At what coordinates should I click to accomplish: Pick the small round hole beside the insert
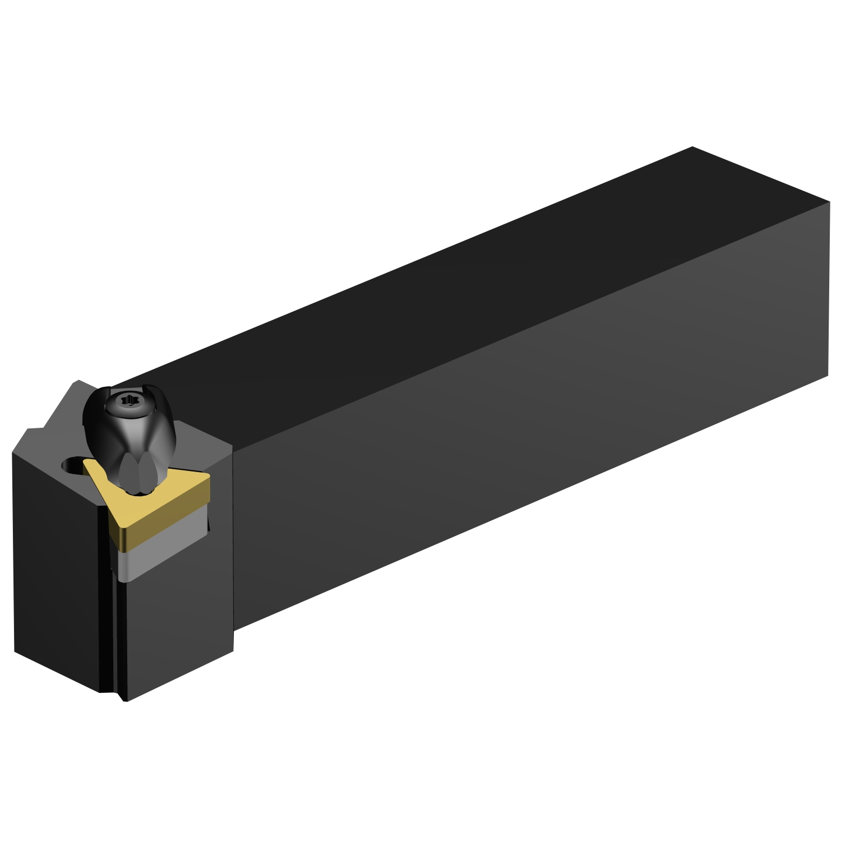[x=71, y=465]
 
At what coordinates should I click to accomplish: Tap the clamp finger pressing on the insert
[x=137, y=474]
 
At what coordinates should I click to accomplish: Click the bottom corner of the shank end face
[x=828, y=375]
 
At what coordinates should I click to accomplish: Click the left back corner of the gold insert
[x=85, y=462]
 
